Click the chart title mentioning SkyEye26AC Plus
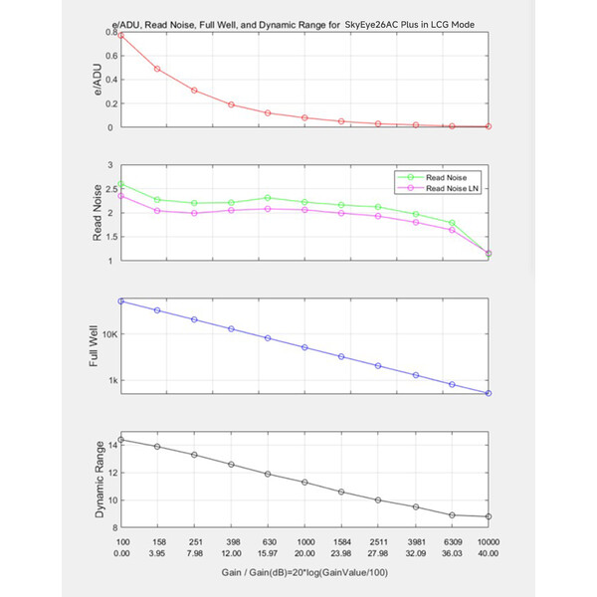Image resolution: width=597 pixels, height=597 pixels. (x=293, y=25)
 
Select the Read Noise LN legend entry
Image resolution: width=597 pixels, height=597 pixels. (x=438, y=188)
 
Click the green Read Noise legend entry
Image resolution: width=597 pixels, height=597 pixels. (x=432, y=177)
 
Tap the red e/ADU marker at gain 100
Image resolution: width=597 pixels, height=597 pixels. (x=121, y=36)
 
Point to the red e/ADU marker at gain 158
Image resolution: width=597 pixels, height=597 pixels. (x=157, y=69)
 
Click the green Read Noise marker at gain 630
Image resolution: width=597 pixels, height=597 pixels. (x=268, y=198)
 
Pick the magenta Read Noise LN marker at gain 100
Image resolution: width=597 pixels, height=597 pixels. (x=121, y=196)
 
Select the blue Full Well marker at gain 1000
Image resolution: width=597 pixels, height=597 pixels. (x=304, y=347)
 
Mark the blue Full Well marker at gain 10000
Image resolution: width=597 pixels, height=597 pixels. (x=489, y=393)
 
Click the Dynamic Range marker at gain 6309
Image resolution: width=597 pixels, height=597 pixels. (x=452, y=515)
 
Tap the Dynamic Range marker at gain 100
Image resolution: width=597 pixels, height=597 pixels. (x=121, y=440)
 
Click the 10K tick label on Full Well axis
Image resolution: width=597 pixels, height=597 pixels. (x=110, y=334)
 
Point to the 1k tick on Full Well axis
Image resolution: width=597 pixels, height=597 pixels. (x=113, y=380)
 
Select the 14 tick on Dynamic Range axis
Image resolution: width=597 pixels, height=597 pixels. (x=113, y=445)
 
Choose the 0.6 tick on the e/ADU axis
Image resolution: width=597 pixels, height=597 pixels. (x=111, y=56)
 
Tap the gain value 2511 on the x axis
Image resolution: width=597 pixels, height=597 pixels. (x=378, y=542)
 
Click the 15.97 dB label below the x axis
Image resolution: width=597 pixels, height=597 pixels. (x=268, y=553)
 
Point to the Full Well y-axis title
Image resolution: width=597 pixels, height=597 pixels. (x=94, y=345)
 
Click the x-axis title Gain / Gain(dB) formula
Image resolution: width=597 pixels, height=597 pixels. (x=304, y=572)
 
